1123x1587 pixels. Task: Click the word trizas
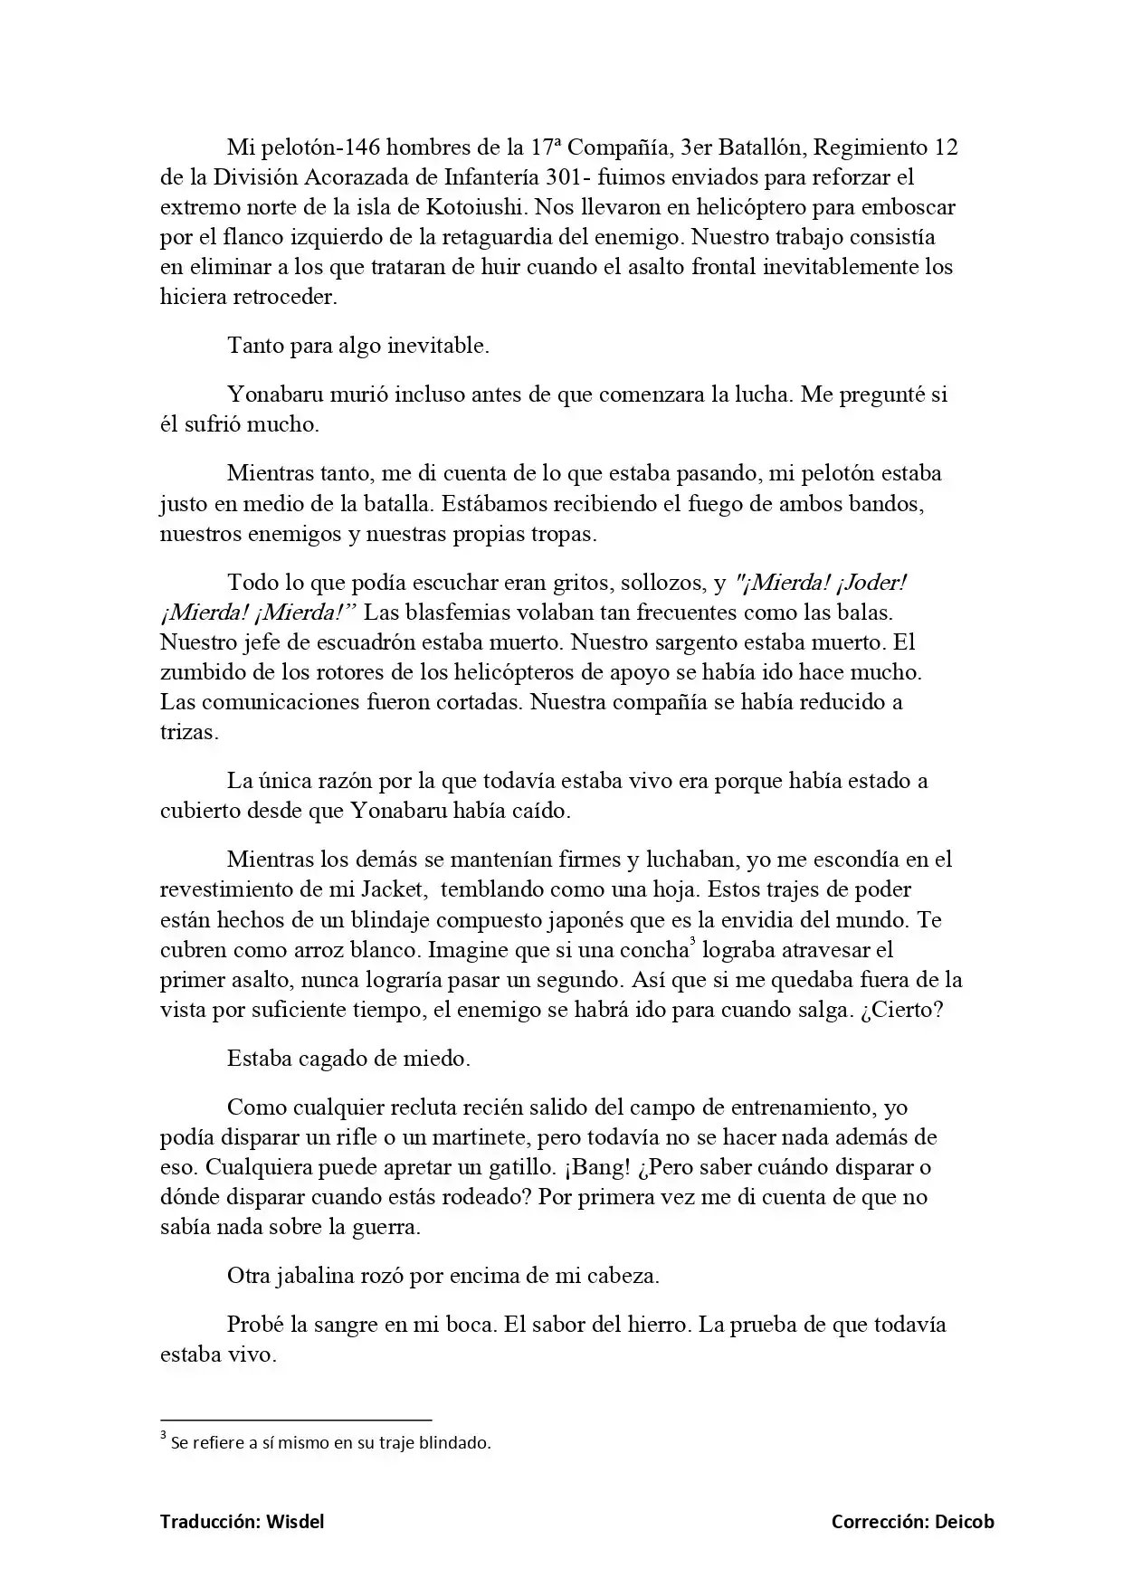point(188,732)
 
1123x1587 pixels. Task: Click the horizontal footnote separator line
point(295,1421)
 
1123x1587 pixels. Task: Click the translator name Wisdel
point(295,1522)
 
